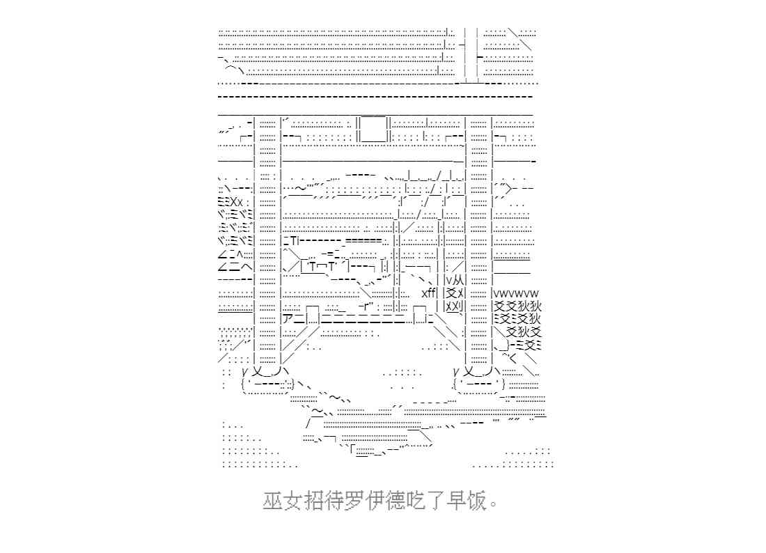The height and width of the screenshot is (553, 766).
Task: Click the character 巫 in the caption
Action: pos(272,501)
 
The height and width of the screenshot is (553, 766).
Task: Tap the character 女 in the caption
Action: pos(292,501)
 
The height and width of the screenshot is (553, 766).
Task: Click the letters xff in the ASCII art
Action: pos(429,293)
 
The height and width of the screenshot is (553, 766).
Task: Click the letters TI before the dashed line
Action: pos(294,241)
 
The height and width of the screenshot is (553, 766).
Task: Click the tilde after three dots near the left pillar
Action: pos(300,189)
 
